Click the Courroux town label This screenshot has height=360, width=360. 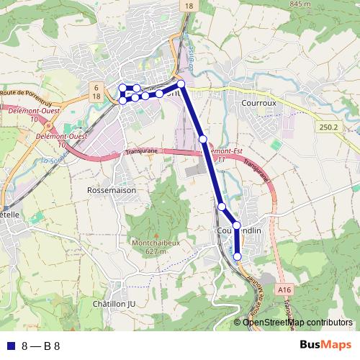[x=258, y=103]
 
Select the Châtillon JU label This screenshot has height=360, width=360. [x=114, y=304]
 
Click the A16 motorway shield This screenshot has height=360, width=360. [x=284, y=289]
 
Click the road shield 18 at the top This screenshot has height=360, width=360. [x=189, y=6]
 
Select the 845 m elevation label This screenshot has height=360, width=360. [x=299, y=4]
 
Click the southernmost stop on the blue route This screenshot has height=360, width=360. [x=238, y=256]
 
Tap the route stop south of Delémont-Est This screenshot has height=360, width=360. [x=222, y=207]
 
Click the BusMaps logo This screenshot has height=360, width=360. [x=325, y=345]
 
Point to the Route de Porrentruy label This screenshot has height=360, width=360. [x=27, y=93]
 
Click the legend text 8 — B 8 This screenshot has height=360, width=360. [x=41, y=346]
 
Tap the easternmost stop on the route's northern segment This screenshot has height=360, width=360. [x=181, y=84]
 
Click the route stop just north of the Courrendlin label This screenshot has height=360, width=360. [x=236, y=225]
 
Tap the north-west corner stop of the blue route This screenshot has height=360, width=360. [x=122, y=88]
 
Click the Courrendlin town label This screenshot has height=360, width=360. [x=238, y=230]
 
